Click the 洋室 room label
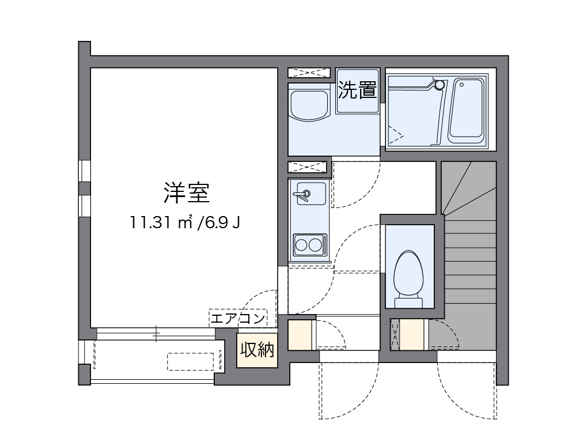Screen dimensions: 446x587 point(185,193)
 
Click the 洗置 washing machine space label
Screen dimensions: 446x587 point(357,90)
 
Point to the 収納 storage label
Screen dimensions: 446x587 point(257,349)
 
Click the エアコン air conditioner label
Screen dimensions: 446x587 point(238,318)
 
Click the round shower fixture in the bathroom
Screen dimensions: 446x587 point(440,85)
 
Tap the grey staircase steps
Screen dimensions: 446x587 point(470,254)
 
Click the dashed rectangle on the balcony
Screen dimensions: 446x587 point(190,361)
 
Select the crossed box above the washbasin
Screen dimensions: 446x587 point(309,73)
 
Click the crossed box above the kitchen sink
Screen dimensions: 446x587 point(307,167)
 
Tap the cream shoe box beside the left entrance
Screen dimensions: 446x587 point(300,335)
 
